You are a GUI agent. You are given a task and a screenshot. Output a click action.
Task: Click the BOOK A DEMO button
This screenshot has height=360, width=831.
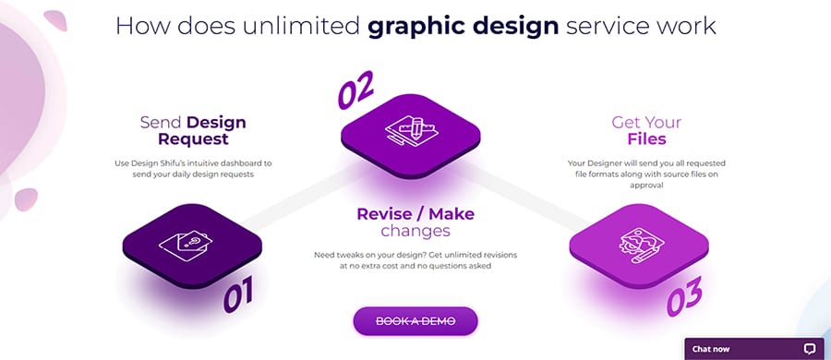(415, 321)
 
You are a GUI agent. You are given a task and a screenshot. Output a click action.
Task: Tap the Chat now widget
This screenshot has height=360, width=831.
(754, 349)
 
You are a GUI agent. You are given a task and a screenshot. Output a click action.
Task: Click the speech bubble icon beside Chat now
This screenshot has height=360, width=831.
(809, 349)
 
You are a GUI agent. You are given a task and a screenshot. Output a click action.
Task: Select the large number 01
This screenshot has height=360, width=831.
(238, 294)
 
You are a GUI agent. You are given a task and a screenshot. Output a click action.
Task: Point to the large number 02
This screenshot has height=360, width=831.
(356, 90)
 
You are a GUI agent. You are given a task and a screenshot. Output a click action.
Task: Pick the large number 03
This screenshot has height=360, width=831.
(684, 296)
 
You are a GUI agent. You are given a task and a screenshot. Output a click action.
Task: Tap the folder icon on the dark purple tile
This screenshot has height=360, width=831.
(185, 246)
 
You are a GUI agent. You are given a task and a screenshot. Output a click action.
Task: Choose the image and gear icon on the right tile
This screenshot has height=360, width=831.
(642, 246)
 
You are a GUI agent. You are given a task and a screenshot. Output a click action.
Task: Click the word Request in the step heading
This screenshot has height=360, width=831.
(194, 139)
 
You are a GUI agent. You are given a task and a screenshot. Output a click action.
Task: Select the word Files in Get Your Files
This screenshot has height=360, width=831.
(646, 138)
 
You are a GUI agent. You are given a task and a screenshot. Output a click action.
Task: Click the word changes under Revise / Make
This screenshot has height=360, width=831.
(415, 231)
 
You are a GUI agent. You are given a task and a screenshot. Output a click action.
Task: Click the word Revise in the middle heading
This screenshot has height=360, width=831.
(384, 213)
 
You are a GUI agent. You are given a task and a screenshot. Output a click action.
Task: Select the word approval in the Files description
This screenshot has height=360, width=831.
(646, 186)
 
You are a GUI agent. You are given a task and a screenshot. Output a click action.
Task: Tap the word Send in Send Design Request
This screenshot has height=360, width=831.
(161, 123)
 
